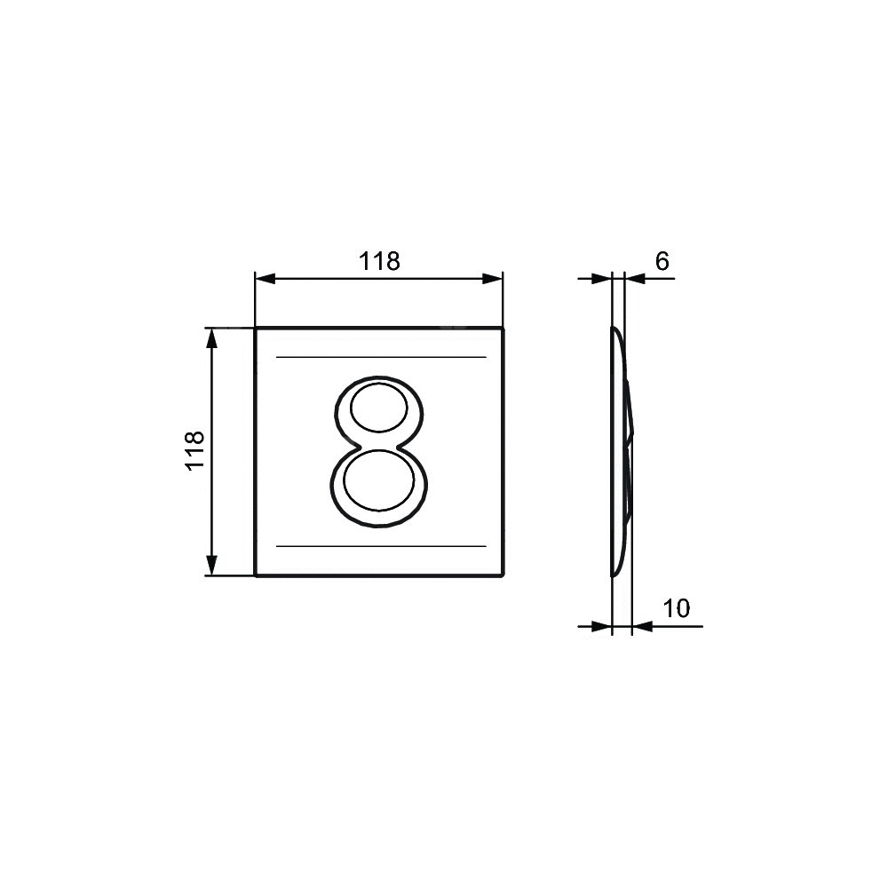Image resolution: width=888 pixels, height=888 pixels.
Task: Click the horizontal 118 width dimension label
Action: tap(379, 262)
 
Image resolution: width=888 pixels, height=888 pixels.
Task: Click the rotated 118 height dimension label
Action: tap(194, 450)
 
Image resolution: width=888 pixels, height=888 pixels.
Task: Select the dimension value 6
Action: tap(662, 261)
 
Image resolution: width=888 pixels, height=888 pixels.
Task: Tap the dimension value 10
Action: tap(676, 609)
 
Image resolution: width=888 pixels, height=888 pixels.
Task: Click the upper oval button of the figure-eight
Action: tap(378, 408)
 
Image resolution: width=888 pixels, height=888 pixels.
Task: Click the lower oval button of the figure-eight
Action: tap(378, 480)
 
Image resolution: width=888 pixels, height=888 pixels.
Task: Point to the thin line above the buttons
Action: tap(381, 357)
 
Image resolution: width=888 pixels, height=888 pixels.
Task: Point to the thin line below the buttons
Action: tap(381, 546)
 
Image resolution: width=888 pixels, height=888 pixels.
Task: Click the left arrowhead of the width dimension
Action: tap(265, 279)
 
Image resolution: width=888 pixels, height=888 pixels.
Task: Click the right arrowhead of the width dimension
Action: tap(492, 279)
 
